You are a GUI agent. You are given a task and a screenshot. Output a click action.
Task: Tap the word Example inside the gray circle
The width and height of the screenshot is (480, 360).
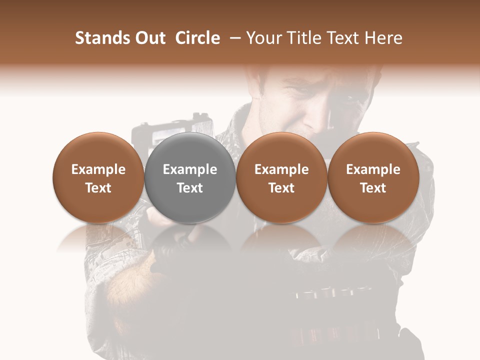(190, 169)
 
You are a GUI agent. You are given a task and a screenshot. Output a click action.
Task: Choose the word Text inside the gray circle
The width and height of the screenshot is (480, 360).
(190, 188)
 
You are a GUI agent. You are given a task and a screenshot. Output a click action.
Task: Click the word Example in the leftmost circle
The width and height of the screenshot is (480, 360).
(98, 169)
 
